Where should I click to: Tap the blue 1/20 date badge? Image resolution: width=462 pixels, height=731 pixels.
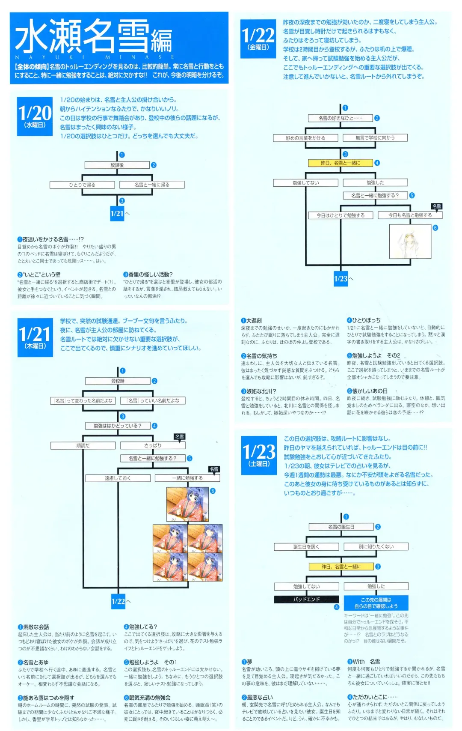click(x=35, y=116)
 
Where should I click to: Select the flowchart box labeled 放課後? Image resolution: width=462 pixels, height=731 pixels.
click(x=117, y=165)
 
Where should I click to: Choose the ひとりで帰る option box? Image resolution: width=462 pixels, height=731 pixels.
click(x=82, y=185)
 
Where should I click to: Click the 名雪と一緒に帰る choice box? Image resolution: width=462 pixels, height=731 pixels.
click(x=152, y=185)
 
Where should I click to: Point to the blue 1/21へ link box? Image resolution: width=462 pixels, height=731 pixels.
click(x=117, y=214)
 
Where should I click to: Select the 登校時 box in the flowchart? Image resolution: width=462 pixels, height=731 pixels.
click(x=118, y=381)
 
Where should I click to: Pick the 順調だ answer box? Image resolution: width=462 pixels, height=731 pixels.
click(x=83, y=446)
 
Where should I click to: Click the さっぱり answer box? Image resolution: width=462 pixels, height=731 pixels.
click(x=153, y=446)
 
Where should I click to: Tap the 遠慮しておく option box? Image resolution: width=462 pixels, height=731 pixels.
click(x=118, y=478)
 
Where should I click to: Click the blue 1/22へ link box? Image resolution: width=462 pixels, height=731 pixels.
click(x=118, y=601)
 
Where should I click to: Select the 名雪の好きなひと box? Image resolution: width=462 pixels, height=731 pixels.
click(x=340, y=118)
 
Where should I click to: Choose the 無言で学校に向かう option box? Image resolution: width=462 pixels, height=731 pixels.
click(x=375, y=138)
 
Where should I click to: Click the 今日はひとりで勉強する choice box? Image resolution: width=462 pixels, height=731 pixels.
click(x=341, y=215)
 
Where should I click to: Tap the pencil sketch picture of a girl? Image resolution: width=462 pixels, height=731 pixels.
click(x=410, y=242)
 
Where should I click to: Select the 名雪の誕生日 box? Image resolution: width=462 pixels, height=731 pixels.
click(x=341, y=527)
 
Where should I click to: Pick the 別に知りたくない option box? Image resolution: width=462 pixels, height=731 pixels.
click(x=376, y=547)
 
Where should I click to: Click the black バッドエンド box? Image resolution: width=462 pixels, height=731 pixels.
click(x=306, y=600)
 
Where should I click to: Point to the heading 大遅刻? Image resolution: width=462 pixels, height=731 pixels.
click(x=254, y=321)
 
